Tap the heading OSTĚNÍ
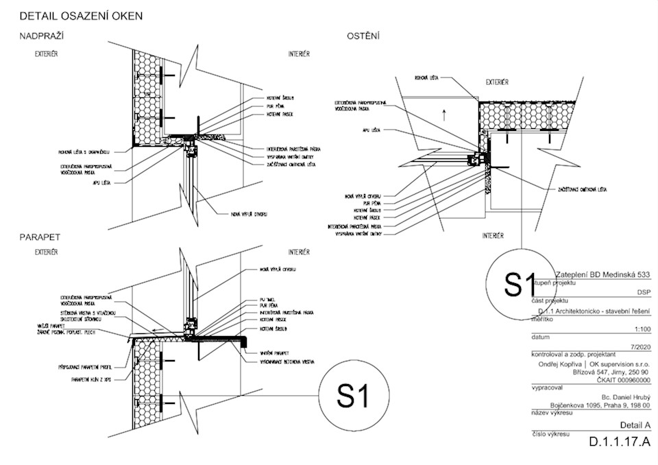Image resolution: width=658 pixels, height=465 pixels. point(363,36)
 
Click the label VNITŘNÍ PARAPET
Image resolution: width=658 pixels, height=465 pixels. point(274,353)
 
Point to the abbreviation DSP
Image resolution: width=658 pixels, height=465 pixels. point(643,291)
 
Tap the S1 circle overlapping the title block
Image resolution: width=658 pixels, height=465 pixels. point(519,284)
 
